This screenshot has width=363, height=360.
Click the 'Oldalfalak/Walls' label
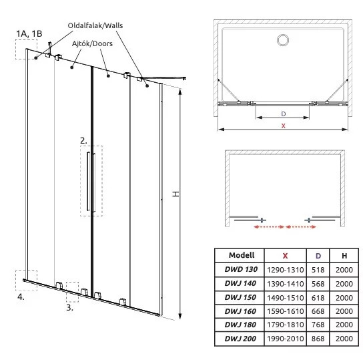tap(95, 25)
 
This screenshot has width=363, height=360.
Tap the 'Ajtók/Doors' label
tap(92, 43)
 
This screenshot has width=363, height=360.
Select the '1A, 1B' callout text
tap(29, 34)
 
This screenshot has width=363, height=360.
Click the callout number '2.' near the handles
tap(83, 141)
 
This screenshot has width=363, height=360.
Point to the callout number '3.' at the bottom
tap(69, 307)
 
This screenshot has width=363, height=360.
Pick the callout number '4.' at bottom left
tap(21, 297)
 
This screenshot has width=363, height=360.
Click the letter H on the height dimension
tap(176, 194)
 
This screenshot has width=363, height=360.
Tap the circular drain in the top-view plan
tap(283, 40)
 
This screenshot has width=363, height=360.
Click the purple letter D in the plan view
tap(284, 114)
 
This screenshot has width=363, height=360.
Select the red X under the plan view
tap(284, 126)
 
